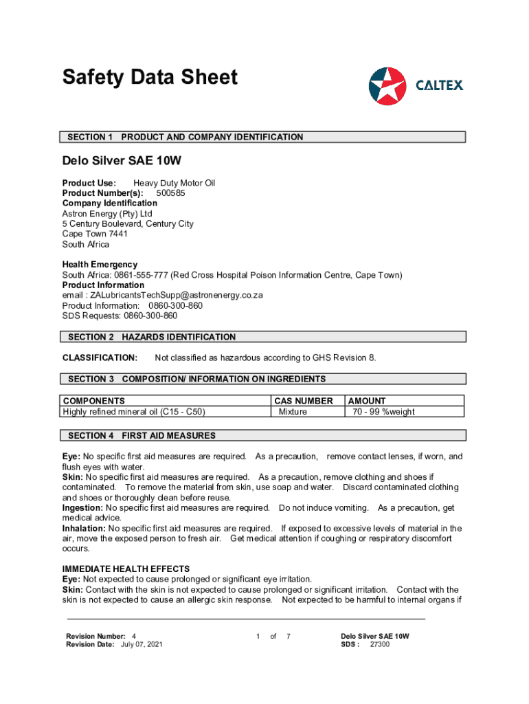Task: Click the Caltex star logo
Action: (387, 86)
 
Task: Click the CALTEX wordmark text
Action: (440, 85)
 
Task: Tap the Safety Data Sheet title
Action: (150, 77)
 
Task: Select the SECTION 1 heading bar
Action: (264, 137)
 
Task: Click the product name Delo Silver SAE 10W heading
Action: (122, 162)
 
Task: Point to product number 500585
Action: (170, 193)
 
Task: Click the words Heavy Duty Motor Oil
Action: (174, 183)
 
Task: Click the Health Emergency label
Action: (100, 265)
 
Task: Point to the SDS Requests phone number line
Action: (120, 316)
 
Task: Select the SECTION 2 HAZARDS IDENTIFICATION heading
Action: (264, 337)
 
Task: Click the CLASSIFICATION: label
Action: (100, 357)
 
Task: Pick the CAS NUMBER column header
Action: (303, 401)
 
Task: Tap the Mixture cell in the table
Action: (293, 412)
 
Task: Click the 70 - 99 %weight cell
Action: (383, 412)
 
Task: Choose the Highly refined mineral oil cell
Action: (134, 412)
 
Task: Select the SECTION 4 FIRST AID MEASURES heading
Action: (264, 435)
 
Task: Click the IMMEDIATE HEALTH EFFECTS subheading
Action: (126, 569)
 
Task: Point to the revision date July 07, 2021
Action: (142, 644)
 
